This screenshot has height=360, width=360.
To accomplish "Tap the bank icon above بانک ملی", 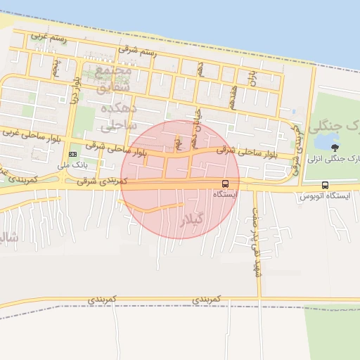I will [73, 154].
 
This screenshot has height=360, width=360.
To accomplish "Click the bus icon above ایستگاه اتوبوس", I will [324, 185].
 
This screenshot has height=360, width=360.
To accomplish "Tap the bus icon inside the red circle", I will [224, 184].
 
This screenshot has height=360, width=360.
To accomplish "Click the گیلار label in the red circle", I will [192, 219].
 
